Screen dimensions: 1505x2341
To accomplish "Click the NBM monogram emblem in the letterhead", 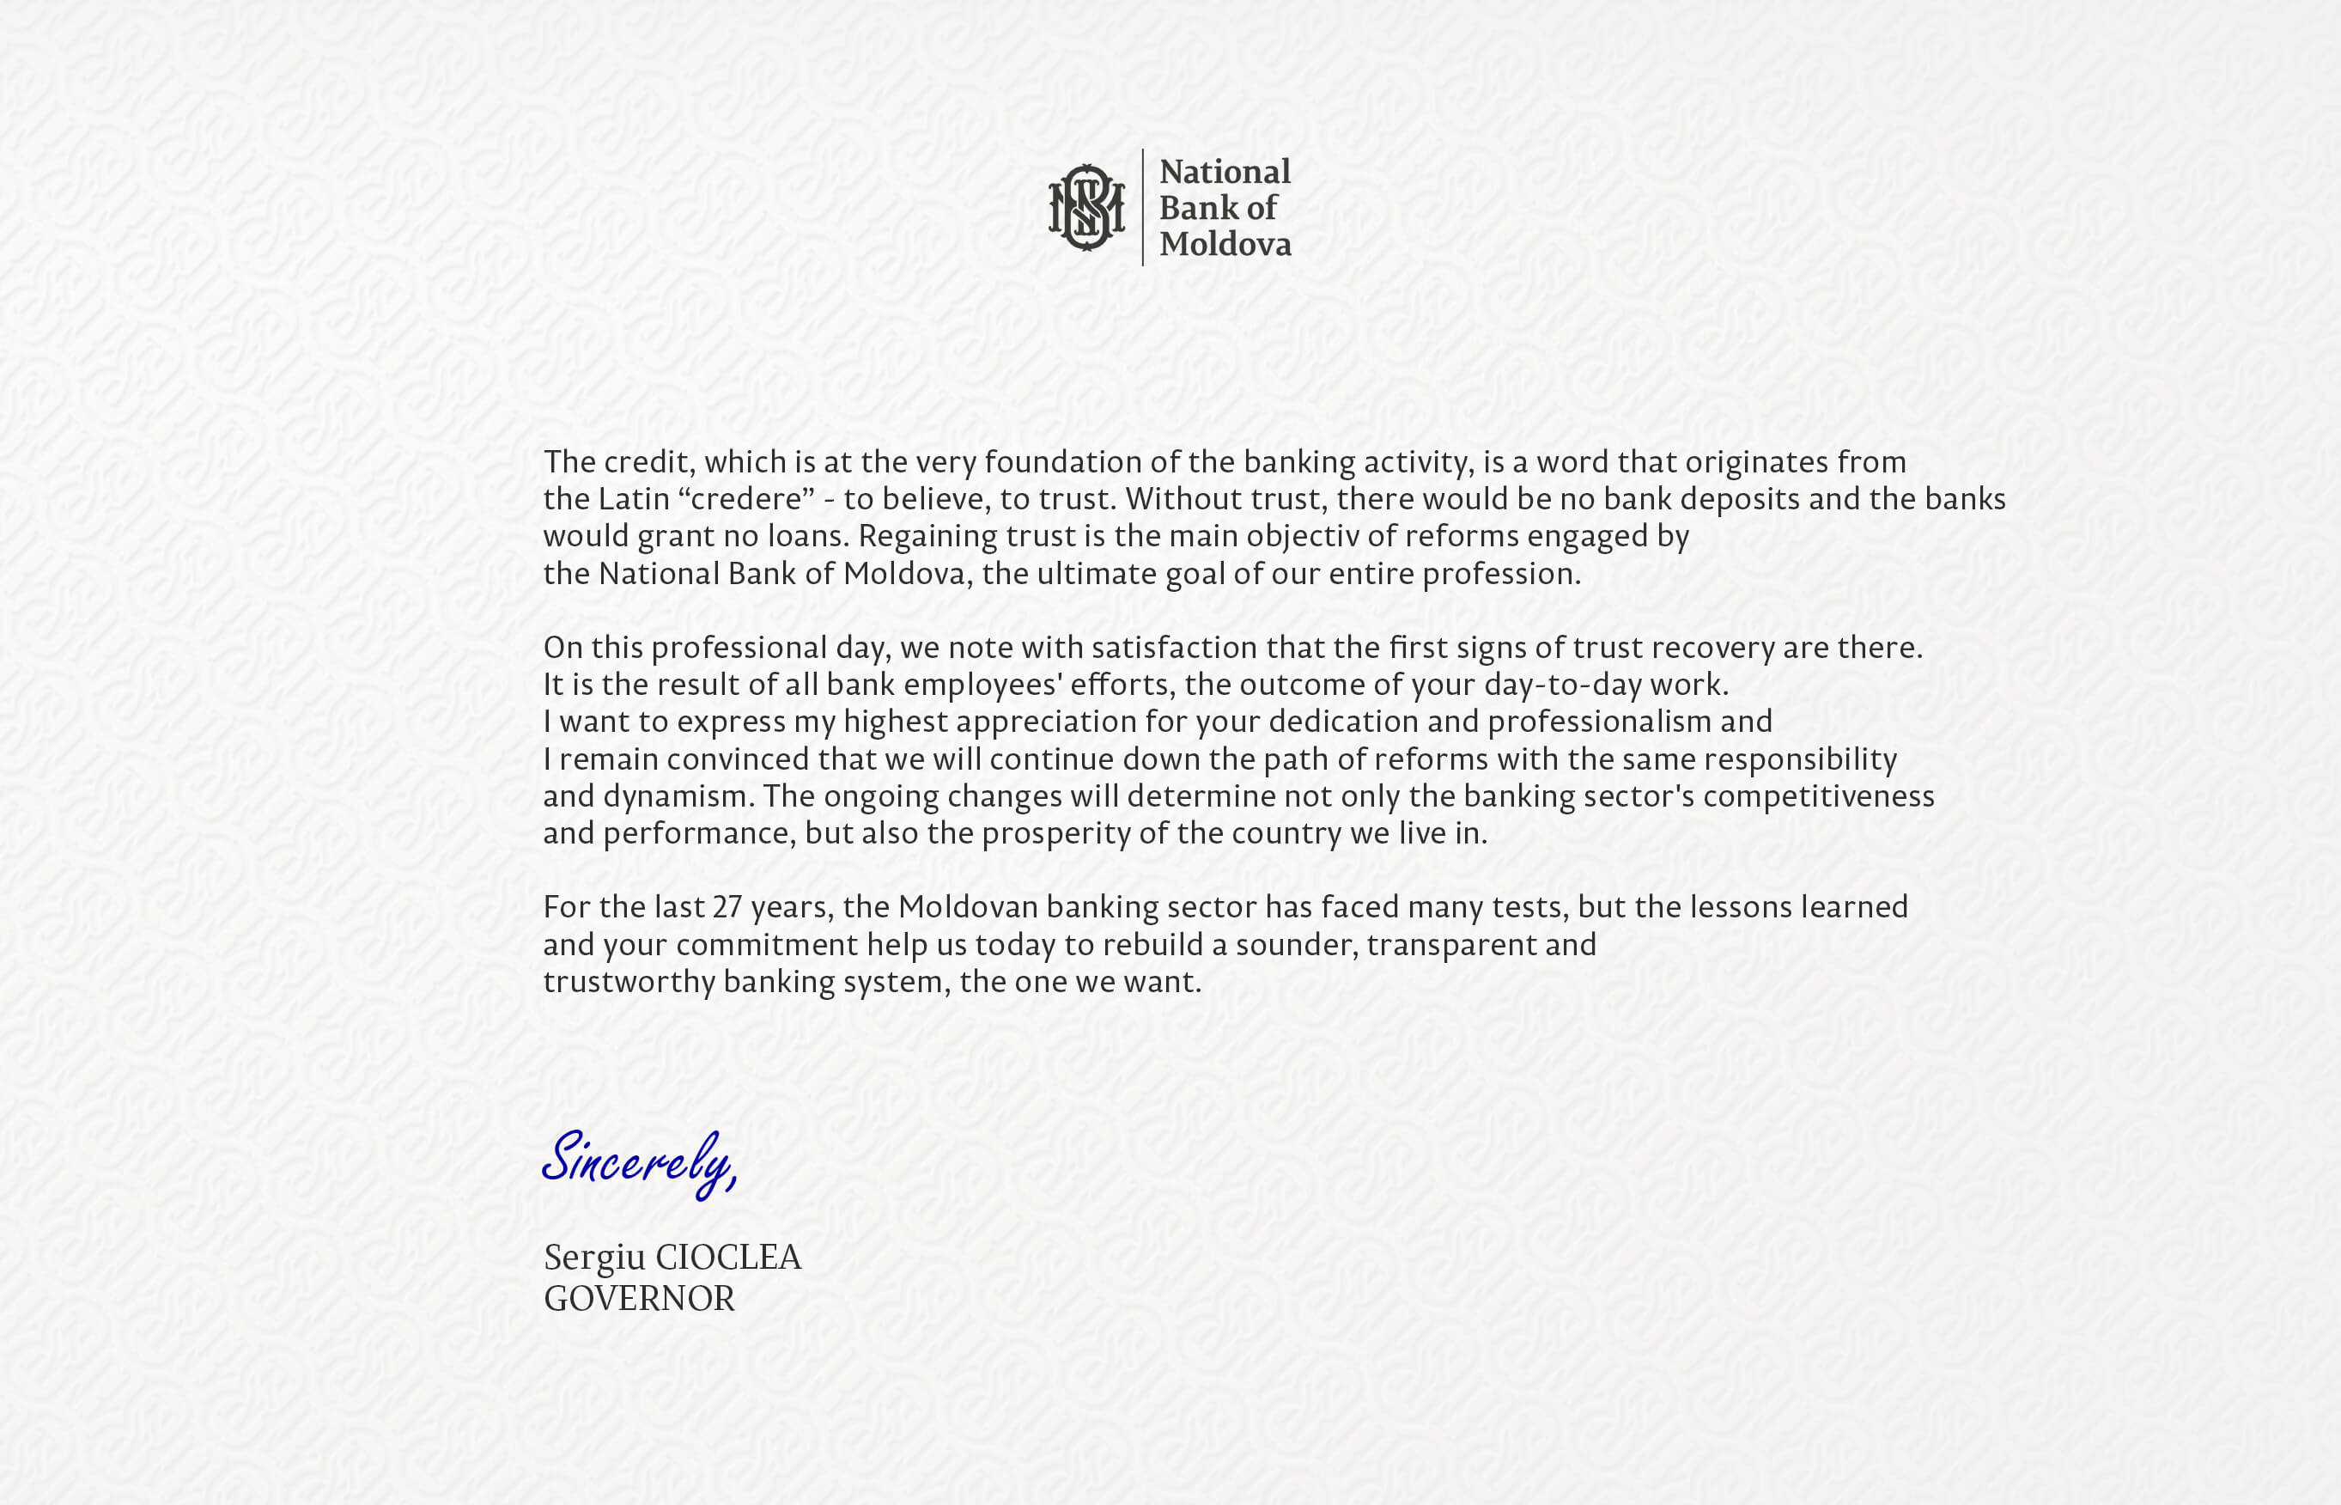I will pyautogui.click(x=1085, y=207).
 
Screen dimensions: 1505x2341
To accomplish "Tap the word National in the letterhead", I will pyautogui.click(x=1225, y=172).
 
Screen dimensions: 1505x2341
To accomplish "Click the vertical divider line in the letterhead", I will pyautogui.click(x=1142, y=207).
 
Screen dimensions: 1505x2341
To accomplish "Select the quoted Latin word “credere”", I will pyautogui.click(x=745, y=499).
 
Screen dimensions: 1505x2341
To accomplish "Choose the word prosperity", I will pyautogui.click(x=1055, y=833).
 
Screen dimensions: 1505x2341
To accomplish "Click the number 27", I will pyautogui.click(x=727, y=908).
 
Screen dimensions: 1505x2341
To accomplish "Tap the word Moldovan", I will pyautogui.click(x=967, y=908).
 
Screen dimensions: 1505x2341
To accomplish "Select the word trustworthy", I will pyautogui.click(x=629, y=982).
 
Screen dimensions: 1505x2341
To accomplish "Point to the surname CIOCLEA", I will pyautogui.click(x=728, y=1258).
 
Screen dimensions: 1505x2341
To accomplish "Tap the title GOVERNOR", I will pyautogui.click(x=639, y=1299).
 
